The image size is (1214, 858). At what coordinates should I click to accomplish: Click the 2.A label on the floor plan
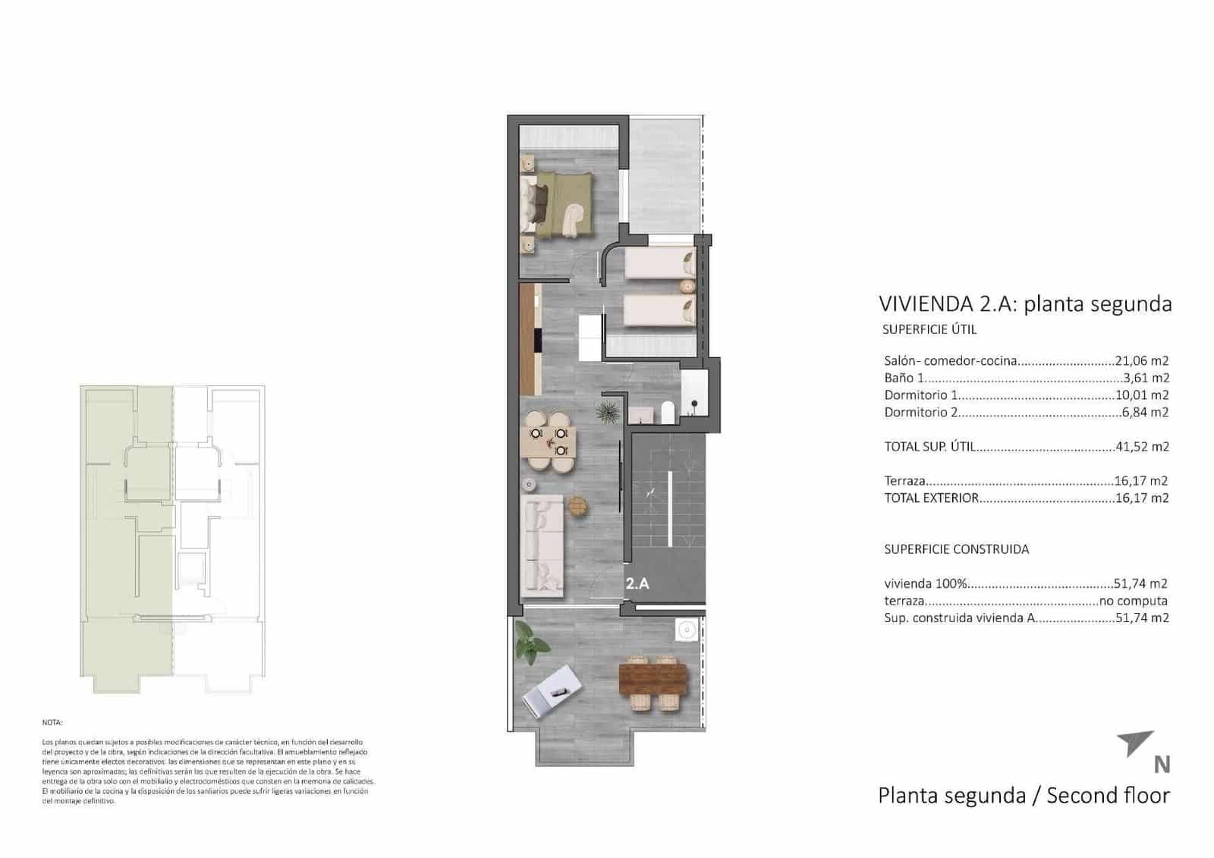637,584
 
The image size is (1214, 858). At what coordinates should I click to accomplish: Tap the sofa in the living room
543,545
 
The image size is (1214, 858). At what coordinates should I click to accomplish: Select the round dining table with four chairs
549,442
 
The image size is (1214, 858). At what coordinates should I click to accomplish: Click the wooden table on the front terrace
653,680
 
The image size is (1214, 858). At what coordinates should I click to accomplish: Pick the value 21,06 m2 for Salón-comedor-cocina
1141,361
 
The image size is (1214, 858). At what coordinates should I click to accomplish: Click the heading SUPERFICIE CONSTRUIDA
956,549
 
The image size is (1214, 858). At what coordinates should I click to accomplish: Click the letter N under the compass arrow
1161,765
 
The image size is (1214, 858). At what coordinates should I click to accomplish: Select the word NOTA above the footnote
52,723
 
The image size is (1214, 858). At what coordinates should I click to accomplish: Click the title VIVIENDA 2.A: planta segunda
1024,304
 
